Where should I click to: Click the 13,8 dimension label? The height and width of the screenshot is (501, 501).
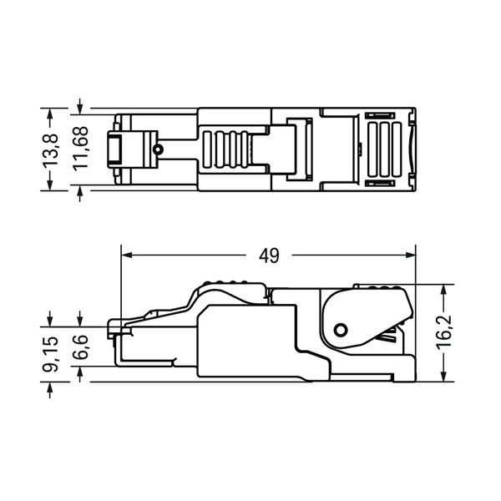point(51,149)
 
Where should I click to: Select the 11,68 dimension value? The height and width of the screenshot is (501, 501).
point(80,147)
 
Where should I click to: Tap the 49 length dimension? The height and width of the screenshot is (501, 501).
point(269,256)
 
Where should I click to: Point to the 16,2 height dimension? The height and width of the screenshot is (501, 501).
point(444,331)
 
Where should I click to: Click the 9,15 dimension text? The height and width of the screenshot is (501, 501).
point(51,354)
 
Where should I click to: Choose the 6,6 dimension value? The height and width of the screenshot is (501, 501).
point(80,347)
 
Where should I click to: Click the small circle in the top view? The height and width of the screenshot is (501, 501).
point(158,149)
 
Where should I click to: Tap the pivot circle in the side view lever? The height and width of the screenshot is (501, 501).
point(341,330)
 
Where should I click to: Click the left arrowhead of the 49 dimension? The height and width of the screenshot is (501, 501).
point(127,255)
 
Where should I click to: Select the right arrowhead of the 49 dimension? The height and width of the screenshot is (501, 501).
point(410,255)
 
